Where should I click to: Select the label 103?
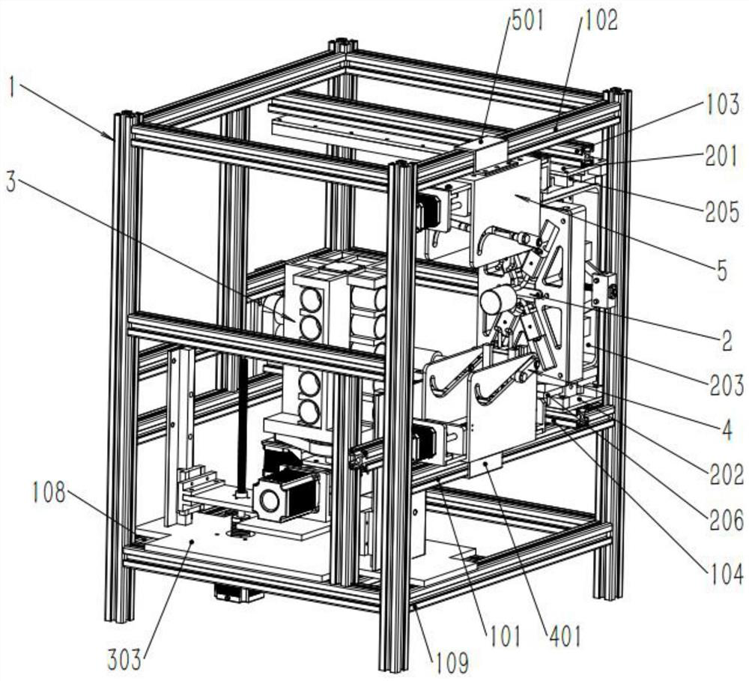click(722, 106)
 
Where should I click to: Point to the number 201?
click(722, 157)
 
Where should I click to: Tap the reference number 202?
click(727, 475)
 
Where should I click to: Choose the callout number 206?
click(727, 520)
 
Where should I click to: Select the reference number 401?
click(565, 638)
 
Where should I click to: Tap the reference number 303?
click(124, 660)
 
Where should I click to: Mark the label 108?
click(50, 494)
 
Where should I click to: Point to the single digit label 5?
click(721, 270)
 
